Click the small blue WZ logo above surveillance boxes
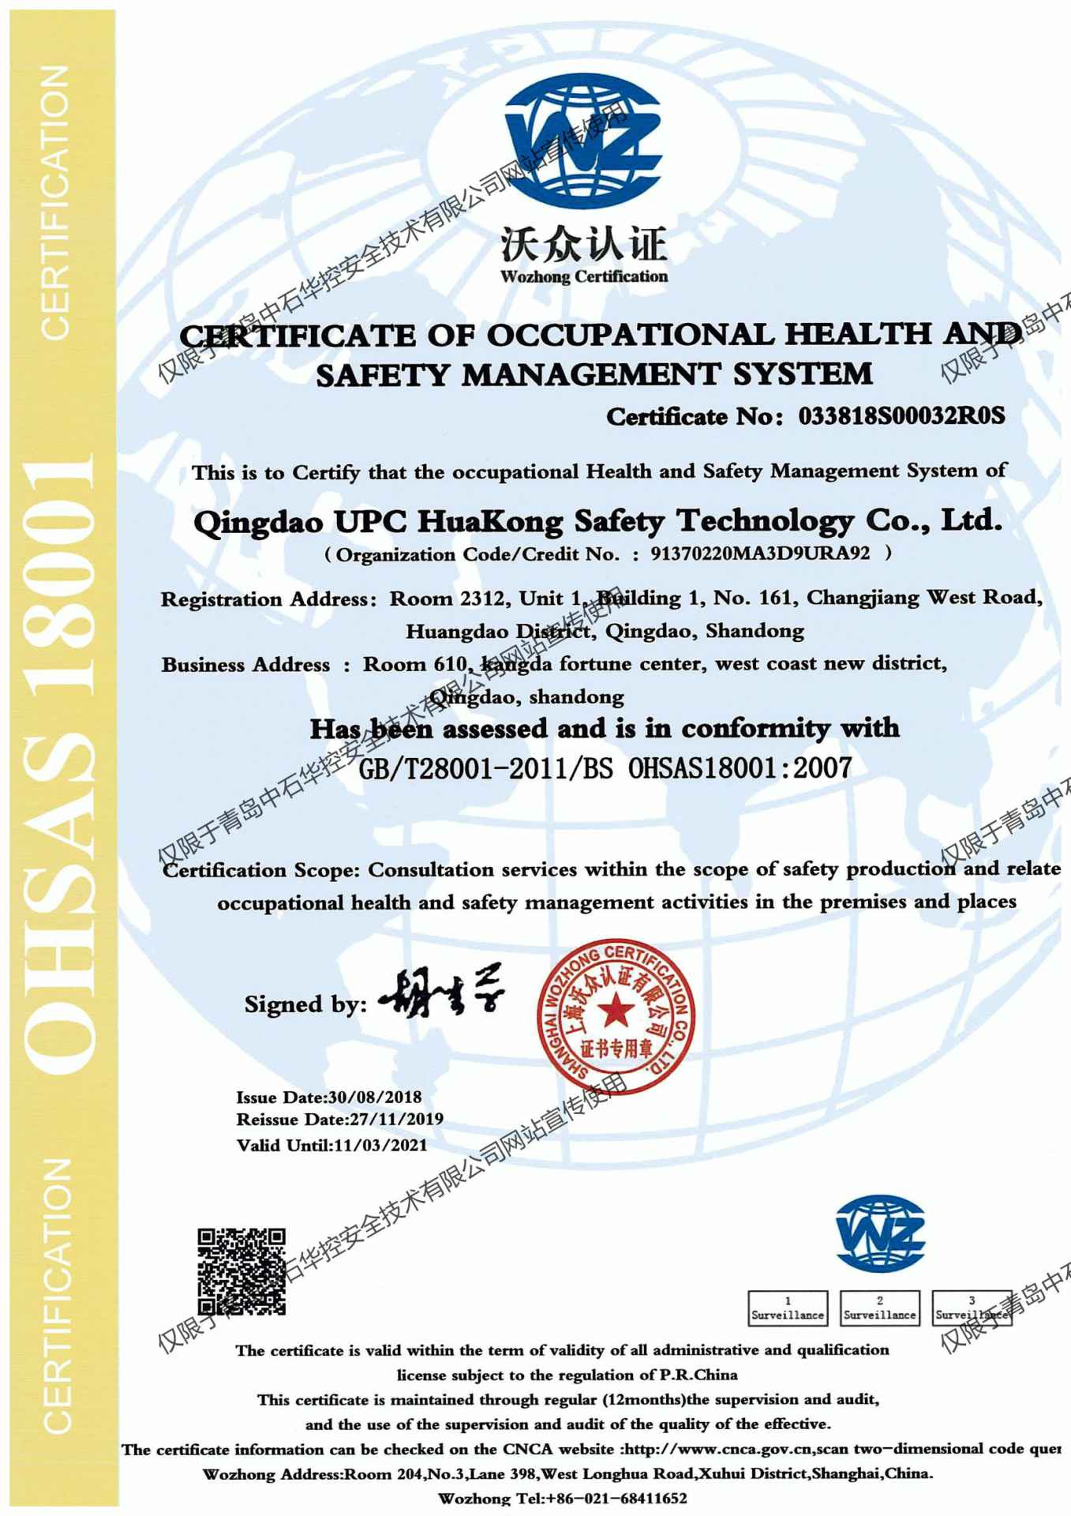coord(880,1234)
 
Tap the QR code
coord(241,1271)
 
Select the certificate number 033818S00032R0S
coord(901,416)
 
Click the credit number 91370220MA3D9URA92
coord(760,553)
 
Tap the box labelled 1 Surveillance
coord(788,1308)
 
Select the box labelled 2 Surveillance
coord(879,1308)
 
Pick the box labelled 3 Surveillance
coord(972,1308)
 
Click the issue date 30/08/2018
coord(375,1097)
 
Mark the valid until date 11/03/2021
coord(380,1145)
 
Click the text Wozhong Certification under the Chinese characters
coord(584,276)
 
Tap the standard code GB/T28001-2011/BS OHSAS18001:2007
coord(605,767)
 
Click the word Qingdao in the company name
coord(258,522)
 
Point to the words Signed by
coord(305,1004)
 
